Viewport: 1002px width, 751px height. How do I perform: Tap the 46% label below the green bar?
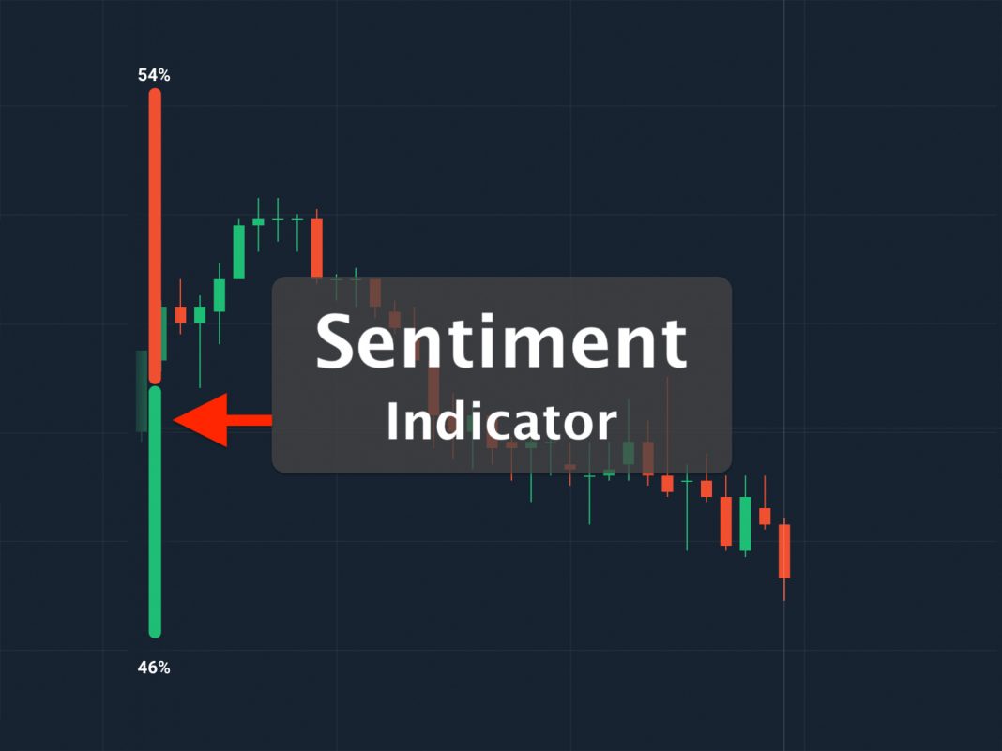pyautogui.click(x=154, y=668)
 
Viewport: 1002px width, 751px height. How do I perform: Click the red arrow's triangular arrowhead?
pyautogui.click(x=201, y=420)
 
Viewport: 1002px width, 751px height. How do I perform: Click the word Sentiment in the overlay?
pyautogui.click(x=501, y=341)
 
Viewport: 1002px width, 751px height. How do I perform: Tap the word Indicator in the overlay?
pyautogui.click(x=501, y=422)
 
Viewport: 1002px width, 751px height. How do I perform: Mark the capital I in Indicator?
pyautogui.click(x=392, y=422)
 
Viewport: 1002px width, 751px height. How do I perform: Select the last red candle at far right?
pyautogui.click(x=784, y=550)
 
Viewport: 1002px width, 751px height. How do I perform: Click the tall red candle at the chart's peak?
pyautogui.click(x=317, y=248)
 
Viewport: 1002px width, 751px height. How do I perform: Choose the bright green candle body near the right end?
pyautogui.click(x=745, y=523)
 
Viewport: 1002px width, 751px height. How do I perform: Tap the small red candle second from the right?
pyautogui.click(x=765, y=516)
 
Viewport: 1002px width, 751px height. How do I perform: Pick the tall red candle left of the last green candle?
pyautogui.click(x=726, y=520)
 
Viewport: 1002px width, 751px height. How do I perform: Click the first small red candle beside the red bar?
pyautogui.click(x=180, y=314)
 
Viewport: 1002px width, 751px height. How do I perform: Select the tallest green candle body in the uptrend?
pyautogui.click(x=239, y=251)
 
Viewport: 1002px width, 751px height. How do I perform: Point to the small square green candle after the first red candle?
pyautogui.click(x=200, y=314)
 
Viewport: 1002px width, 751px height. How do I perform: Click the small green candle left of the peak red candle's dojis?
pyautogui.click(x=258, y=221)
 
